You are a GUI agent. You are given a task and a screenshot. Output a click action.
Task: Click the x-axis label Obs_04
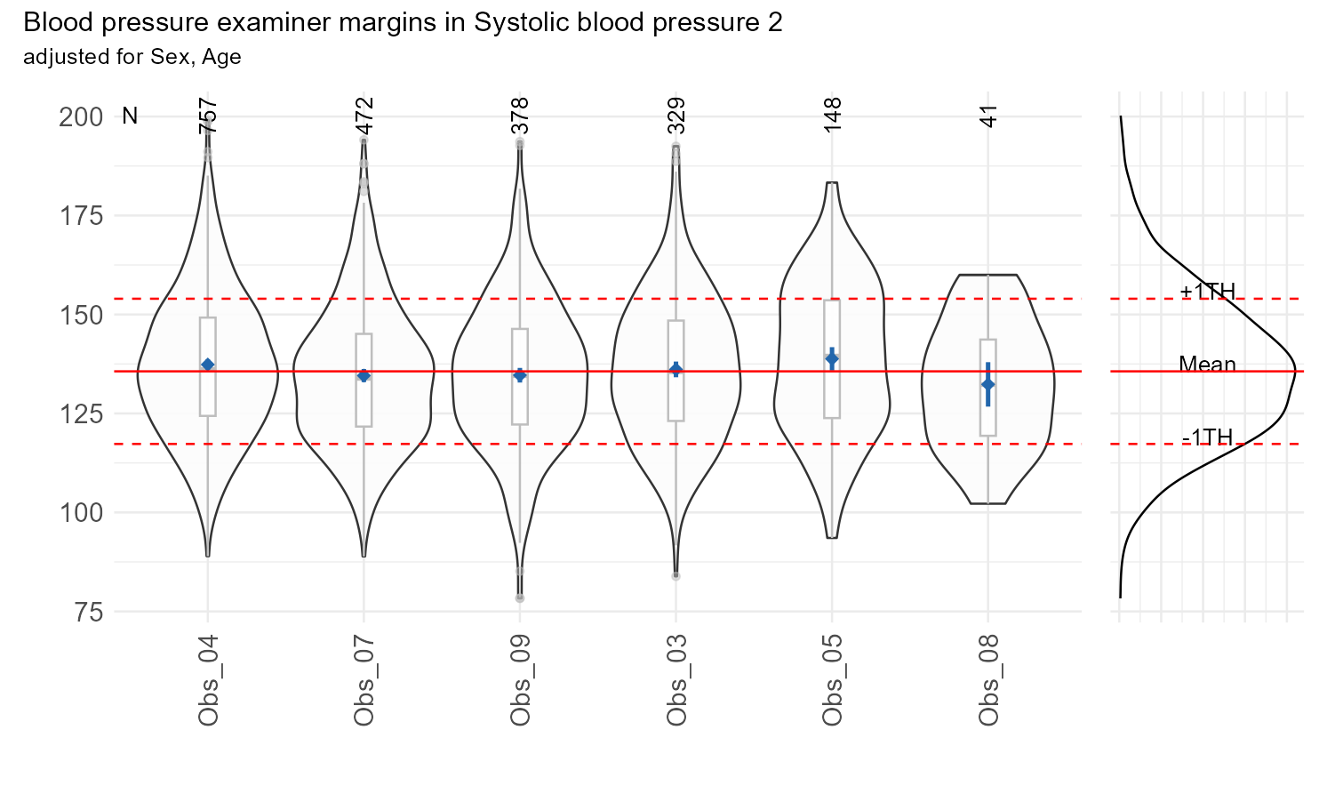pos(208,680)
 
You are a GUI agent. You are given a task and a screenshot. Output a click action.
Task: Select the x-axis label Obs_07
pos(364,680)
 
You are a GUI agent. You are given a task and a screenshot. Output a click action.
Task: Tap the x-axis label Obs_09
pos(520,680)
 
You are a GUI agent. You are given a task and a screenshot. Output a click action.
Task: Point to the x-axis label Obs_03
pos(675,680)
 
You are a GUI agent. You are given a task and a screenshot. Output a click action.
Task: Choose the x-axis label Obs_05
pos(832,680)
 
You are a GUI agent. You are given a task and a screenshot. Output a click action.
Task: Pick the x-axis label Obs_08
pos(987,680)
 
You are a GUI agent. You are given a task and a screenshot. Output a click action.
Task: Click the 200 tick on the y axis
pos(81,117)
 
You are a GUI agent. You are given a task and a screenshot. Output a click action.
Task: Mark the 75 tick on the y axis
pos(86,612)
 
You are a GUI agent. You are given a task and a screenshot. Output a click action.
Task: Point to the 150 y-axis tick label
pos(81,316)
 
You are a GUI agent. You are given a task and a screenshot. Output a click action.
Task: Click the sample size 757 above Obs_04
pos(208,116)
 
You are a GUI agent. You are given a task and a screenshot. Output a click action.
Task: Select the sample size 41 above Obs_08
pos(988,116)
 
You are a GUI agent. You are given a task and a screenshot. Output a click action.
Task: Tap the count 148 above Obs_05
pos(833,116)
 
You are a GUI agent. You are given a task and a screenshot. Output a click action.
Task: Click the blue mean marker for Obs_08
pos(987,384)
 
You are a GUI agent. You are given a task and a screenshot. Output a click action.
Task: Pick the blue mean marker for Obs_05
pos(832,359)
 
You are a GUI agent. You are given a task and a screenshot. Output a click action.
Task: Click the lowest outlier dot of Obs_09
pos(520,598)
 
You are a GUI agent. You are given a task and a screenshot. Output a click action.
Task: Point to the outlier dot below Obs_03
pos(675,576)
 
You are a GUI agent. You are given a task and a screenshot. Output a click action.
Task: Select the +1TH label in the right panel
pos(1207,291)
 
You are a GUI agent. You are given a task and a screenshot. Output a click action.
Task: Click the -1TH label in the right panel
pos(1207,437)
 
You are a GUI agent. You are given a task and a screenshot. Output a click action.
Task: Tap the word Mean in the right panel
pos(1207,364)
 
